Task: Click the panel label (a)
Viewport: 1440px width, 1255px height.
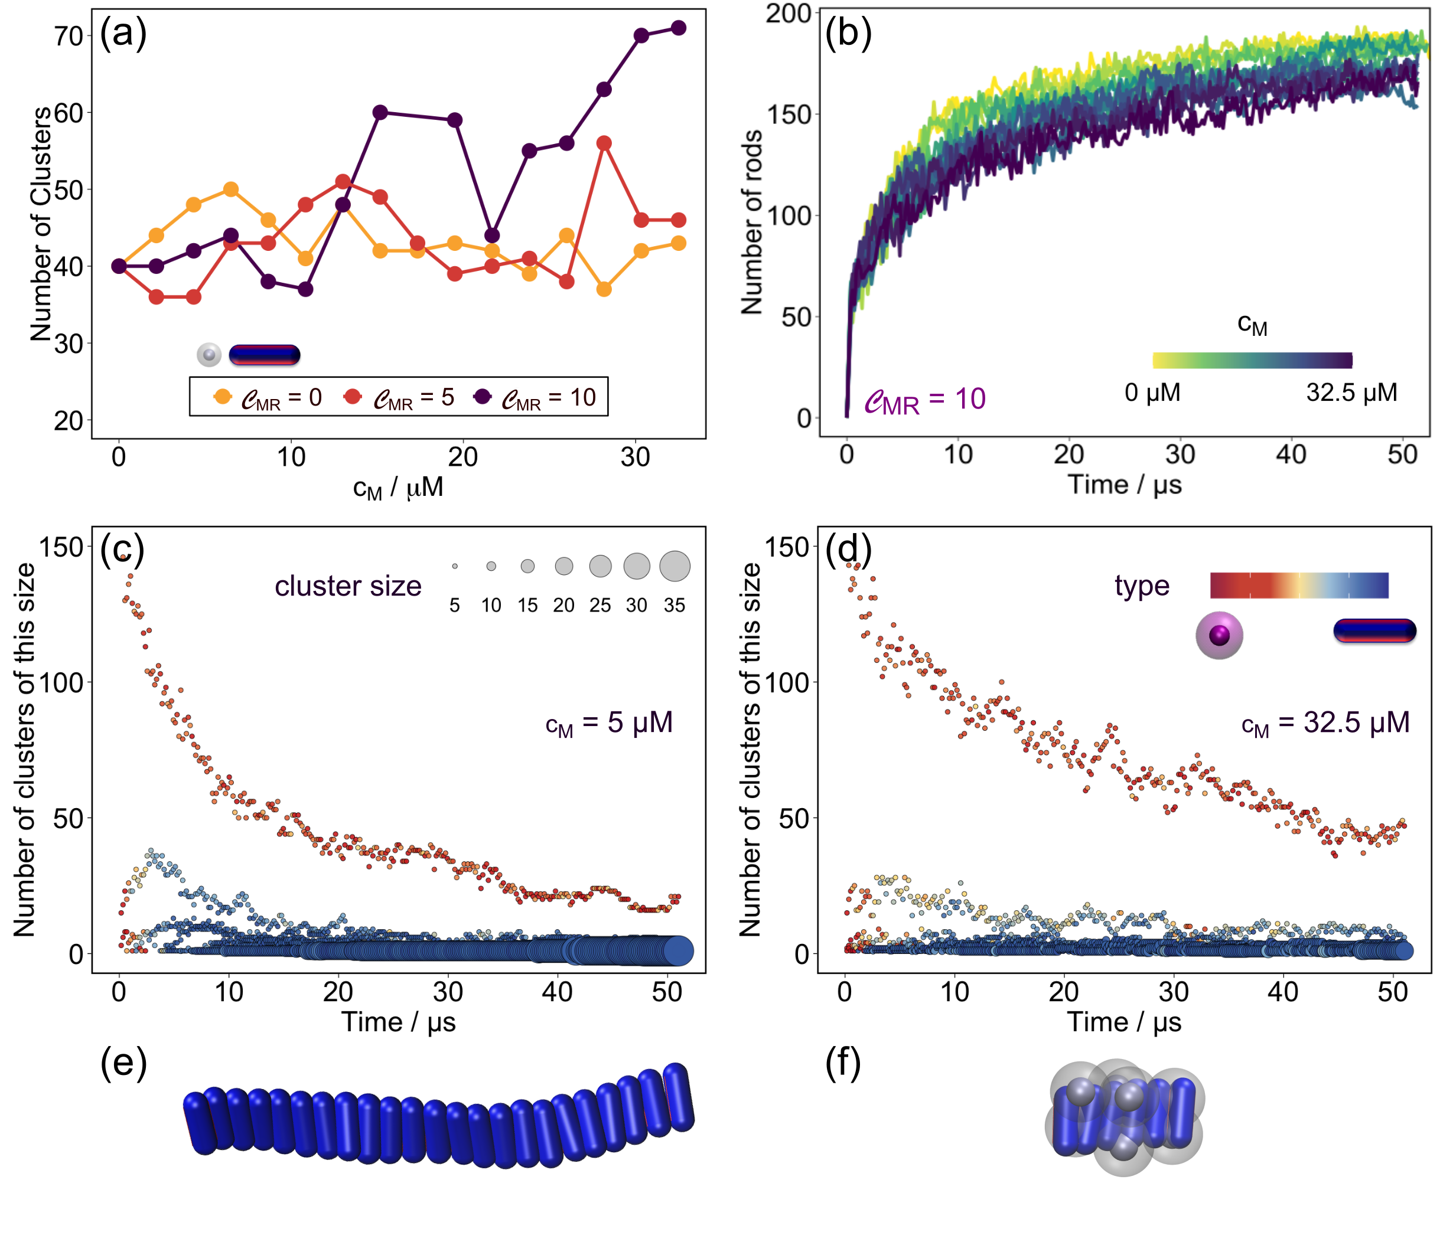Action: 123,34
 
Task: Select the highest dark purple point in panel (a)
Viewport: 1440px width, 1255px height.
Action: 678,28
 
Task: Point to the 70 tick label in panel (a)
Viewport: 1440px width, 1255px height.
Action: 69,36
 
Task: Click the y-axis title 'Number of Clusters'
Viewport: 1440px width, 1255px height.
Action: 41,224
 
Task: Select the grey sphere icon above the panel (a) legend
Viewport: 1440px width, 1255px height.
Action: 209,354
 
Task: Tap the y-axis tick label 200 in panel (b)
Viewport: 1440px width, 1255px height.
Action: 789,14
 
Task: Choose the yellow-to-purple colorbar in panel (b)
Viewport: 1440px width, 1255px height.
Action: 1252,360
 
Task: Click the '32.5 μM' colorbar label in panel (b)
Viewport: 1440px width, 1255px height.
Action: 1351,392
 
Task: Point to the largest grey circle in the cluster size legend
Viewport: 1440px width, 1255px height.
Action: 675,566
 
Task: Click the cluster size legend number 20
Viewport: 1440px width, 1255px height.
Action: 563,605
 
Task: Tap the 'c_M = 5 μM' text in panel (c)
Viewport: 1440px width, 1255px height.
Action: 609,723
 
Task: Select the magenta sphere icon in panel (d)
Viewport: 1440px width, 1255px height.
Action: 1219,635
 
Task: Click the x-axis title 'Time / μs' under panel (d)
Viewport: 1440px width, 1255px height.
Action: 1124,1022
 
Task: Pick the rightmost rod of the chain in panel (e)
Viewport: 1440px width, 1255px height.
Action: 678,1097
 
